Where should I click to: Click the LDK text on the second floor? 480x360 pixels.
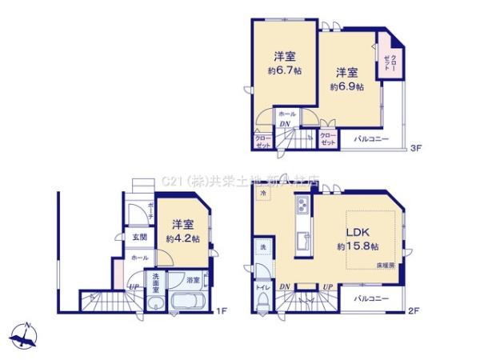pyautogui.click(x=356, y=232)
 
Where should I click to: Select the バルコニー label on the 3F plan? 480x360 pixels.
pyautogui.click(x=372, y=138)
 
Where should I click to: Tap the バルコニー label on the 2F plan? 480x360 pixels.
pyautogui.click(x=372, y=298)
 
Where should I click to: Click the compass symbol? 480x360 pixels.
pyautogui.click(x=24, y=334)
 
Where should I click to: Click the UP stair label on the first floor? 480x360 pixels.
pyautogui.click(x=133, y=286)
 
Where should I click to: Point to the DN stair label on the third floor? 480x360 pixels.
pyautogui.click(x=286, y=125)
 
